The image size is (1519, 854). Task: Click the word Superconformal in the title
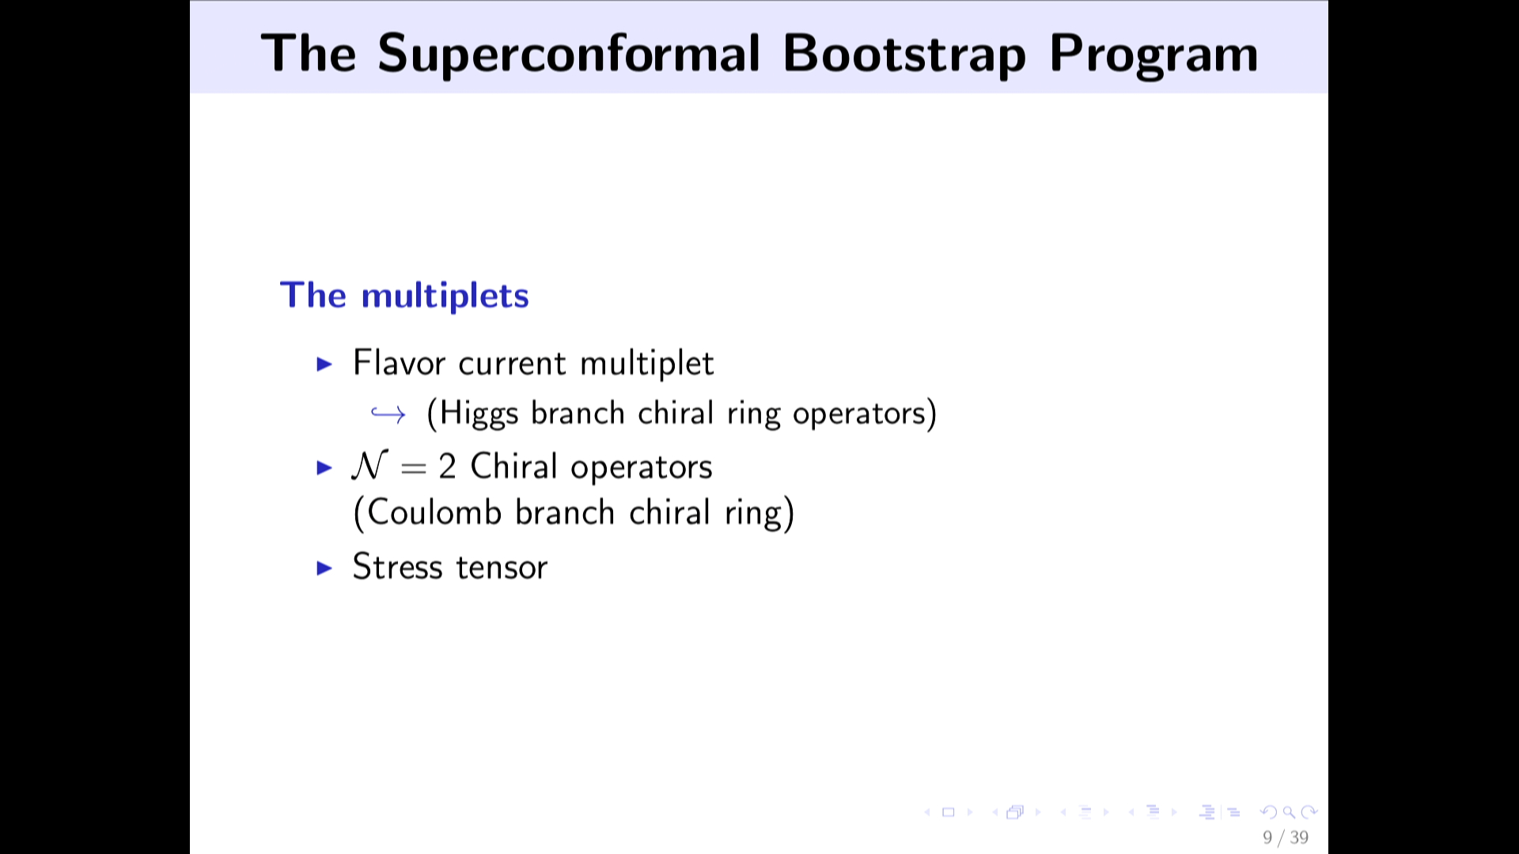click(x=569, y=55)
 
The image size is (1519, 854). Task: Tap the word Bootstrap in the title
click(x=904, y=55)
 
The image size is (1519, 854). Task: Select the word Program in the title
click(x=1153, y=55)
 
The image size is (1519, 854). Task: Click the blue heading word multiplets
click(x=445, y=296)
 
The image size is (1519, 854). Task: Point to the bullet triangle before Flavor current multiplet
click(x=324, y=364)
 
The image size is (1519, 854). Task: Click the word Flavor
click(x=400, y=363)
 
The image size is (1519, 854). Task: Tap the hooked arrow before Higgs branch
click(x=388, y=414)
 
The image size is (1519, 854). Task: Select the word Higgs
click(x=479, y=414)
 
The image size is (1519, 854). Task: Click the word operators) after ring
click(x=865, y=414)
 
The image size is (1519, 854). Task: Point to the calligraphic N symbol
click(x=369, y=466)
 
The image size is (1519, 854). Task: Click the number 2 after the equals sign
click(x=447, y=467)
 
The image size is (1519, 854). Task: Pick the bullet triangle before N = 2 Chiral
click(x=324, y=467)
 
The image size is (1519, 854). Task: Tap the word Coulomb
click(x=434, y=512)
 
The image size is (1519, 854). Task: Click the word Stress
click(x=397, y=567)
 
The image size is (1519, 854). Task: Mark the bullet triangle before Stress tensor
click(x=324, y=568)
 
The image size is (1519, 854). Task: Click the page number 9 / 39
click(x=1286, y=837)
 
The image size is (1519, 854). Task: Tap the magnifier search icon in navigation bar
click(x=1289, y=812)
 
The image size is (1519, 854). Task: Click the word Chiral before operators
click(x=513, y=466)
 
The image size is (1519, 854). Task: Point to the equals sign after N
click(x=414, y=468)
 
